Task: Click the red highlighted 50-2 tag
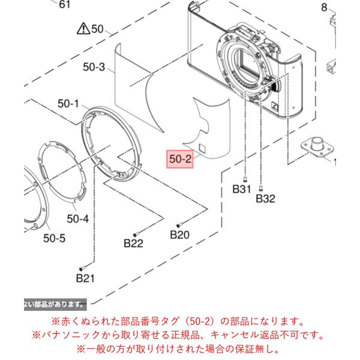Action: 180,159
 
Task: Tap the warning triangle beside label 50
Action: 83,29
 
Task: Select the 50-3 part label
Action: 94,67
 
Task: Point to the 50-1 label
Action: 68,104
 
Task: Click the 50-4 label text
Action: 77,219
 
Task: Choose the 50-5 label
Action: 54,238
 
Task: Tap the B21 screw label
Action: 85,278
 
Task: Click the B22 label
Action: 133,244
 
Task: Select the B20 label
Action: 179,235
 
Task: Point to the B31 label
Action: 242,189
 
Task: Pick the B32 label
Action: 265,199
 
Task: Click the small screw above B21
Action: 83,268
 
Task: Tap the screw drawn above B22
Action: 137,234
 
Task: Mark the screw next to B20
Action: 179,225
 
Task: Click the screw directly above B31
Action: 245,178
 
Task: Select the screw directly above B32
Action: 261,188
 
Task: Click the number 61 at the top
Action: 65,4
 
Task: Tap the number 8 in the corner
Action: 324,8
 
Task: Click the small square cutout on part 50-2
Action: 202,148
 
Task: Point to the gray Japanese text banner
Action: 55,304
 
